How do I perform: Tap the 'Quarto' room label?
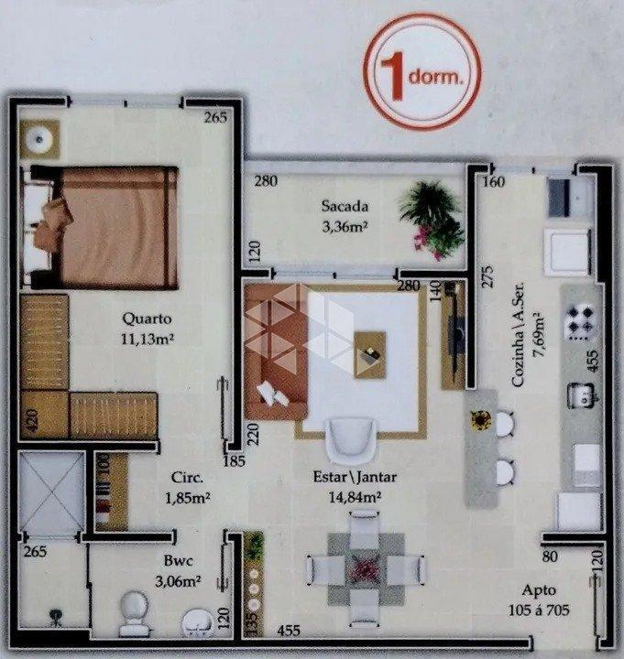point(148,319)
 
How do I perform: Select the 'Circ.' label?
point(186,478)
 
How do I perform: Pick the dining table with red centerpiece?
point(364,567)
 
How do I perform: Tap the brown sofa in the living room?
point(272,352)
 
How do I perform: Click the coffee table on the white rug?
point(370,353)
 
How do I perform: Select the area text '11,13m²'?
point(148,339)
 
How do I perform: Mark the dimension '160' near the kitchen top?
point(494,181)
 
